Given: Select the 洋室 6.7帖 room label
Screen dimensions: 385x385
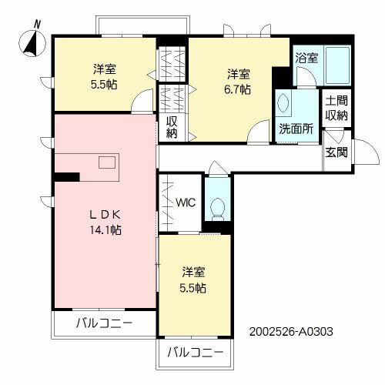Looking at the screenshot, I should coord(238,82).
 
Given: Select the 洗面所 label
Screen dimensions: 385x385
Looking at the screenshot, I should coord(296,129).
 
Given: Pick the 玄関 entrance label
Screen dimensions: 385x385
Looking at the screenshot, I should coord(336,152).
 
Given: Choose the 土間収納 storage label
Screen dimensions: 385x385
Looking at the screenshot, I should coord(336,108).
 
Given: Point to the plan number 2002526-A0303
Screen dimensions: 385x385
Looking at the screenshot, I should coord(291,333).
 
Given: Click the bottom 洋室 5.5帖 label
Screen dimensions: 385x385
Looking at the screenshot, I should coord(194,280).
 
